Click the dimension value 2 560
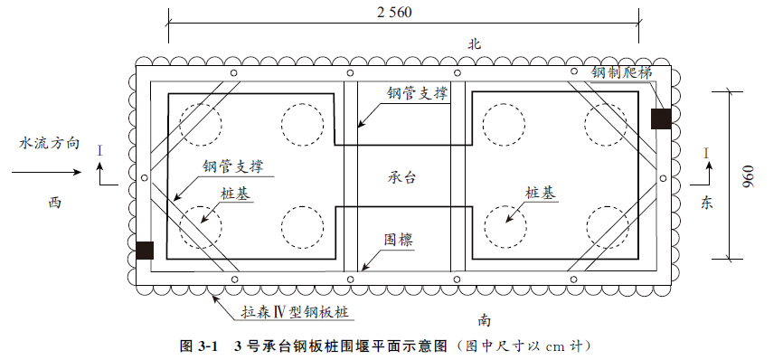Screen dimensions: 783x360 [394, 12]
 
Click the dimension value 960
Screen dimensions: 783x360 [748, 175]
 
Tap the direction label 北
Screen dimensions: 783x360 [474, 44]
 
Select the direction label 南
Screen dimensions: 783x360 [485, 320]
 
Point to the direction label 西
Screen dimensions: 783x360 [54, 204]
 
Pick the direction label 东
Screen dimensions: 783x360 [706, 203]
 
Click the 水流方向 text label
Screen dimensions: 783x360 [50, 143]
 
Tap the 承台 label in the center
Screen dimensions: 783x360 [401, 177]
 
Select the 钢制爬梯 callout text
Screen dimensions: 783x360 [622, 73]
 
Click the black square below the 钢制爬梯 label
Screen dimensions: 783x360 [661, 118]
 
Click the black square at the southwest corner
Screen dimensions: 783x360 [145, 251]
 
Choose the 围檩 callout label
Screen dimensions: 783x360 [399, 241]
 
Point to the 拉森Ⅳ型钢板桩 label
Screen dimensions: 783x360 [295, 313]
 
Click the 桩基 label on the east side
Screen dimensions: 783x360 [541, 194]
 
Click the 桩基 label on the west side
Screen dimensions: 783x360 [236, 194]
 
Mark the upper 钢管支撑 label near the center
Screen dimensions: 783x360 [417, 93]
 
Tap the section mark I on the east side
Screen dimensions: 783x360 [706, 153]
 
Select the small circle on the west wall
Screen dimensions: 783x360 [145, 178]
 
